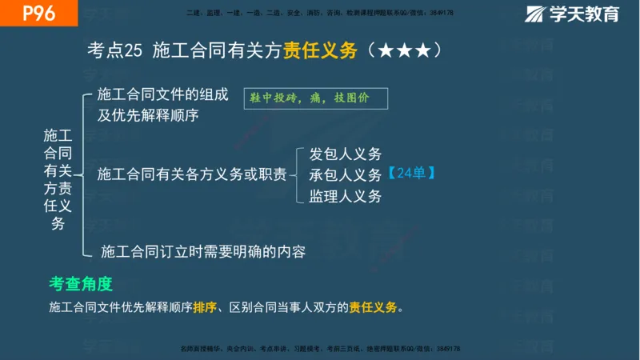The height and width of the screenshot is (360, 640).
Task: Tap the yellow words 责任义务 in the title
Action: (x=319, y=50)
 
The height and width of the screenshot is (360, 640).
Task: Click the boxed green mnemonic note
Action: (x=317, y=98)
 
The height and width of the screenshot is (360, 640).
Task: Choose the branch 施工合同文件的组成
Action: (x=157, y=93)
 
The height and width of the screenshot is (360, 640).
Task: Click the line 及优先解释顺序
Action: (x=148, y=114)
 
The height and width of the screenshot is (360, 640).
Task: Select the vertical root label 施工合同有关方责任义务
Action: (x=58, y=179)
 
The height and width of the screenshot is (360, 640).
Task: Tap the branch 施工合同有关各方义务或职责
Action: (x=191, y=174)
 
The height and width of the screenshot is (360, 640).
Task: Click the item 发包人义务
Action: (x=345, y=154)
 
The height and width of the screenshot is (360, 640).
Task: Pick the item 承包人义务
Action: (x=345, y=174)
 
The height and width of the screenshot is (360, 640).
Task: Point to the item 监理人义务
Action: (x=345, y=195)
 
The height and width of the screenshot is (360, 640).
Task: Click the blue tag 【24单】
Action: (x=410, y=174)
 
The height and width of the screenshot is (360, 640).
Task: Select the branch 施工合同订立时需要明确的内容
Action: (x=203, y=251)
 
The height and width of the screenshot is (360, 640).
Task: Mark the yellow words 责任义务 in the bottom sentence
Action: (x=374, y=307)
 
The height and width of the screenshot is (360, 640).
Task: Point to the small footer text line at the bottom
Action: (x=320, y=349)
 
